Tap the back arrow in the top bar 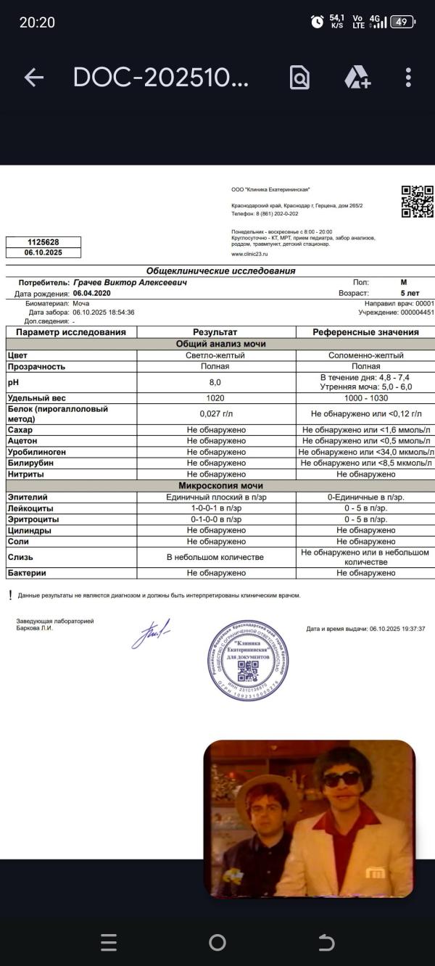(x=34, y=78)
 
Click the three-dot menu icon (x=408, y=78)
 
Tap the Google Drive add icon (x=357, y=78)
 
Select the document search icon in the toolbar (x=299, y=78)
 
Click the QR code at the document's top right (x=418, y=202)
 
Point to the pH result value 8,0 (x=215, y=382)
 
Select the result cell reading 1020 (x=215, y=398)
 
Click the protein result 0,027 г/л (x=215, y=414)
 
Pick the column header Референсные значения (x=365, y=332)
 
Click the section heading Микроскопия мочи (x=221, y=486)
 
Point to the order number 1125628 (x=43, y=242)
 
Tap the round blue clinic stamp (x=248, y=660)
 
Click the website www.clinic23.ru (x=249, y=255)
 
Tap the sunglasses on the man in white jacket (x=341, y=779)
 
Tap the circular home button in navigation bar (x=217, y=942)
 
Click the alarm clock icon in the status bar (x=317, y=22)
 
